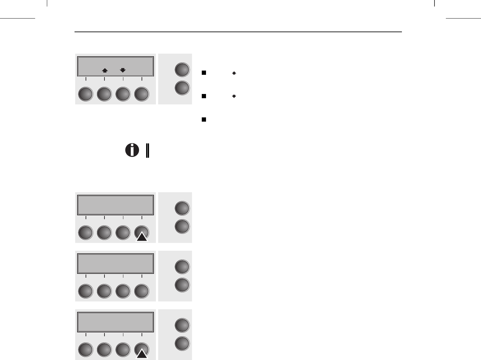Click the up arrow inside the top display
tap(105, 70)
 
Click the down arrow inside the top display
tap(123, 70)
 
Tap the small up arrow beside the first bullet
tap(234, 73)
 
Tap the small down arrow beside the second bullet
tap(234, 96)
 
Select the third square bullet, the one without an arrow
tap(204, 119)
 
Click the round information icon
tap(132, 151)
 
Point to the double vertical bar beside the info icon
tap(147, 151)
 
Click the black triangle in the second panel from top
tap(142, 237)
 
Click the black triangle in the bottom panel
tap(142, 354)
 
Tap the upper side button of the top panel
tap(182, 70)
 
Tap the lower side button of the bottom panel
tap(182, 343)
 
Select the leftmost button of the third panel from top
tap(86, 291)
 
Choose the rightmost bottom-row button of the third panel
tap(142, 291)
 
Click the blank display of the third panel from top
tap(115, 263)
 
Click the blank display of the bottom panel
tap(115, 322)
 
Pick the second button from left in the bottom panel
tap(104, 350)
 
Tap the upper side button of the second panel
tap(182, 208)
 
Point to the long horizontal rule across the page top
tap(238, 32)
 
